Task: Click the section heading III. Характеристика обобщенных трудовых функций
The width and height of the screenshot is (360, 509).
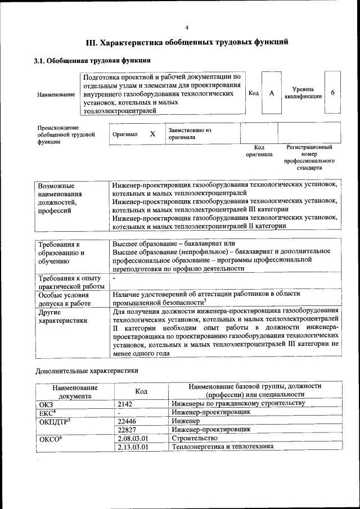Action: pyautogui.click(x=187, y=42)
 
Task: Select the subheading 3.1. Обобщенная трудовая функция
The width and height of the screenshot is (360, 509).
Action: pyautogui.click(x=92, y=60)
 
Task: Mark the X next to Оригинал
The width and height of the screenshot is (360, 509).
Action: pyautogui.click(x=152, y=134)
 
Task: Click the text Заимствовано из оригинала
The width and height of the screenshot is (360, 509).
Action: pyautogui.click(x=189, y=133)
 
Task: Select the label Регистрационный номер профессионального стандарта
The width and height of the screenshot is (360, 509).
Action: pyautogui.click(x=309, y=157)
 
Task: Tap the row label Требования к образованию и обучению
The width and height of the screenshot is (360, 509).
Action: pyautogui.click(x=59, y=253)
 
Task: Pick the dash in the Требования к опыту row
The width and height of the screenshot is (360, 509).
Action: pyautogui.click(x=114, y=278)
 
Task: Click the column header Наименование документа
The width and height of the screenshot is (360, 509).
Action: pyautogui.click(x=75, y=391)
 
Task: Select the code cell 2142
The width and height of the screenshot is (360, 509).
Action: pyautogui.click(x=127, y=404)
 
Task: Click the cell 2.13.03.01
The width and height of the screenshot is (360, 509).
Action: pyautogui.click(x=133, y=447)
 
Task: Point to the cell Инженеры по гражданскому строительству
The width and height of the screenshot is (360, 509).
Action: pyautogui.click(x=238, y=404)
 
